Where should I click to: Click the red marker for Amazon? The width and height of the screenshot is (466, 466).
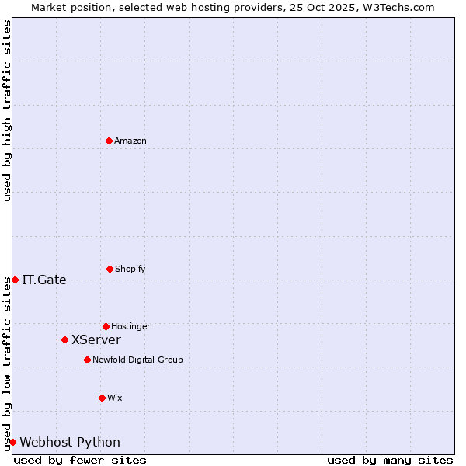(109, 141)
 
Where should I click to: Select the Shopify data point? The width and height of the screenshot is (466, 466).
(110, 269)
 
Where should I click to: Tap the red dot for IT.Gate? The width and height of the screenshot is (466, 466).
(15, 280)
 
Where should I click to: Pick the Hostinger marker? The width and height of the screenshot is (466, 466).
(106, 326)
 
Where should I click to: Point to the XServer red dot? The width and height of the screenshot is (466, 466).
(64, 339)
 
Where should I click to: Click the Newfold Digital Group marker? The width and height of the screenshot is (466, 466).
(87, 360)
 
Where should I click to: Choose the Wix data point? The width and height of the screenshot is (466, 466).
(102, 398)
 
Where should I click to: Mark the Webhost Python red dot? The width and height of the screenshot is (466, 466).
(12, 442)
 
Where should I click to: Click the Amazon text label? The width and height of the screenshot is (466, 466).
(130, 141)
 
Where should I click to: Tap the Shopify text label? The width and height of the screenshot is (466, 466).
(130, 269)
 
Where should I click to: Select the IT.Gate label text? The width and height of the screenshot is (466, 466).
(44, 280)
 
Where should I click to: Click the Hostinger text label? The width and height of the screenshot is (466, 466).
(130, 326)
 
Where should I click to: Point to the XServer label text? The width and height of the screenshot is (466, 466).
(96, 340)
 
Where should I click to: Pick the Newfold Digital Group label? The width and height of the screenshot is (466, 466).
(137, 360)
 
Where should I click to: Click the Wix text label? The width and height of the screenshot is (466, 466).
(115, 398)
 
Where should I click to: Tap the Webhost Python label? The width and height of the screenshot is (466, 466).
(70, 443)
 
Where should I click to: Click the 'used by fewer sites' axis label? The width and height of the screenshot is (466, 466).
(80, 460)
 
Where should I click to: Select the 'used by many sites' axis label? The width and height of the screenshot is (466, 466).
(390, 460)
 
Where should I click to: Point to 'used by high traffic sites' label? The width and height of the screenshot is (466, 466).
(7, 110)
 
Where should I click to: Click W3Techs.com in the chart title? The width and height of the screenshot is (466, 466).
(395, 7)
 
